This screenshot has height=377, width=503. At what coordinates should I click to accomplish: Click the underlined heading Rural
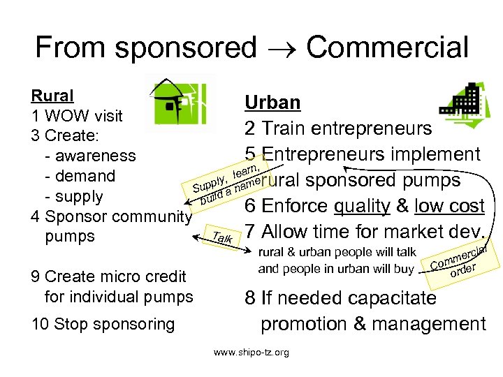coord(52,95)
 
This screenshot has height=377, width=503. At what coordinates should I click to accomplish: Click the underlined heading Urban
coord(272,103)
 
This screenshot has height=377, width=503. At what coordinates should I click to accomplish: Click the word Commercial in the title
coord(387,47)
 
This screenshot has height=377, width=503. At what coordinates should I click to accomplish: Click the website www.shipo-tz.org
coord(251,353)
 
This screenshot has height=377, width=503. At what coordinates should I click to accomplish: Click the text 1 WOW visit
coord(77,115)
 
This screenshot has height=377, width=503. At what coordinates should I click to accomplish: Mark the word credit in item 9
coord(164,276)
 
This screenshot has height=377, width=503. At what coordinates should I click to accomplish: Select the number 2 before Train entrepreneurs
coord(249,128)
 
